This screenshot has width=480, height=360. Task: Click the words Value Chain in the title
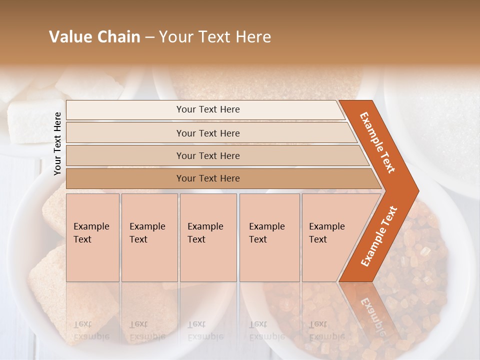(x=94, y=37)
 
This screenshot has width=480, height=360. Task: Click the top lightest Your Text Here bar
(x=207, y=109)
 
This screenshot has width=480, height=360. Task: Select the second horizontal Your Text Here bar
(x=207, y=133)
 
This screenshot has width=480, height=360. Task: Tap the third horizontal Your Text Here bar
(x=207, y=155)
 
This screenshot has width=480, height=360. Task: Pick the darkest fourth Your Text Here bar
(x=207, y=178)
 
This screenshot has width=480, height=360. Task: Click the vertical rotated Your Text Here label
(x=58, y=143)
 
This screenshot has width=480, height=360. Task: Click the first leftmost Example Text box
(x=92, y=237)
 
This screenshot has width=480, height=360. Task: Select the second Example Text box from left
(x=149, y=237)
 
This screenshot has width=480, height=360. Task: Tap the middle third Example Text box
(x=207, y=237)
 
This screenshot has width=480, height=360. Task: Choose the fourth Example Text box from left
(x=269, y=237)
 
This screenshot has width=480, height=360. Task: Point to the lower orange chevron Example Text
(x=379, y=236)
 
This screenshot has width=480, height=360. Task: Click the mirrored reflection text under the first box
(x=91, y=330)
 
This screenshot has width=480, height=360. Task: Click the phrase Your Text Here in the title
(x=215, y=37)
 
